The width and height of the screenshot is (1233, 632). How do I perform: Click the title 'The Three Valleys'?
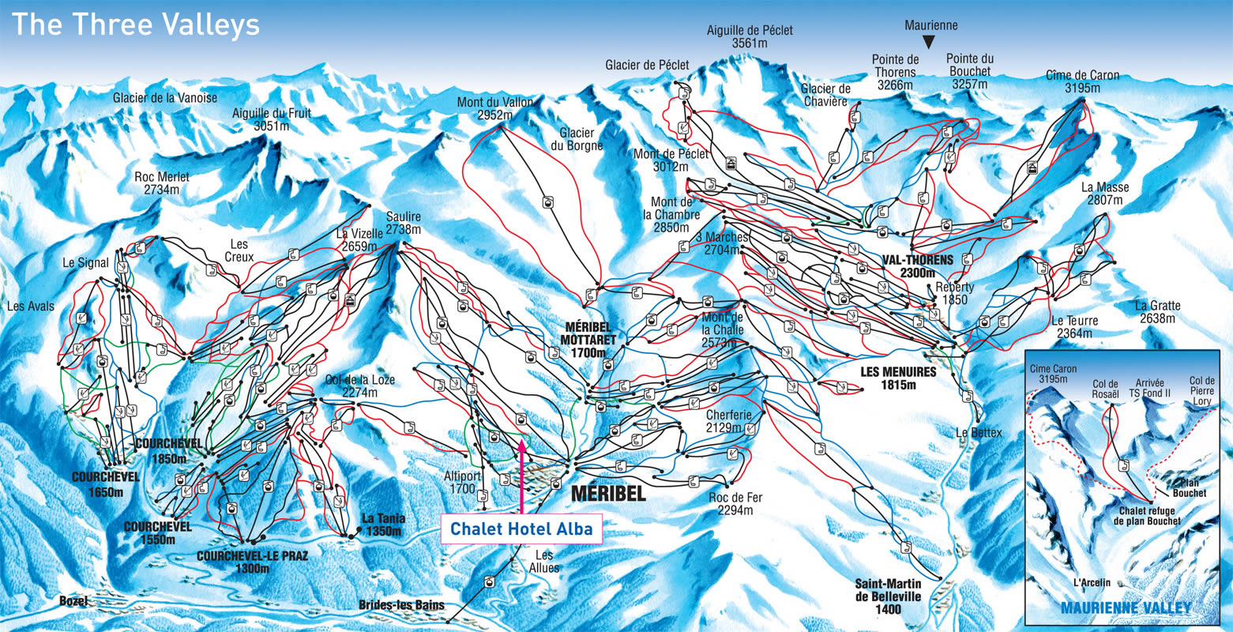click(135, 24)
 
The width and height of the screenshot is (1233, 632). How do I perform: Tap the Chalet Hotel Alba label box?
click(521, 529)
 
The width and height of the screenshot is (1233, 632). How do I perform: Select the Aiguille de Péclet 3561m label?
click(750, 37)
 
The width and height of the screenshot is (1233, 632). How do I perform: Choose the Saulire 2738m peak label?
click(403, 223)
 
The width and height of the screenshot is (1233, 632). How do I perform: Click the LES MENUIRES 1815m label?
click(899, 378)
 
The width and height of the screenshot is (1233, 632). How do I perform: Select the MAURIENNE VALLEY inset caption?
click(1126, 608)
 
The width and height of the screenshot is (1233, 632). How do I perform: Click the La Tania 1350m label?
click(383, 525)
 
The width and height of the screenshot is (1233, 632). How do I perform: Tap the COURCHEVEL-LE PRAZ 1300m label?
click(252, 561)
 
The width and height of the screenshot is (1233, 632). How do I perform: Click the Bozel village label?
click(73, 601)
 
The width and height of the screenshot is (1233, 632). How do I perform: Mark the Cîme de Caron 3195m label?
click(1082, 81)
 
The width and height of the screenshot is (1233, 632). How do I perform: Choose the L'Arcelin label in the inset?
click(1092, 583)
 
